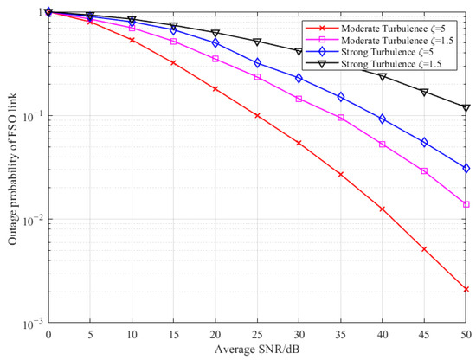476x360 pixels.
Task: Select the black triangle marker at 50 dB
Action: point(466,108)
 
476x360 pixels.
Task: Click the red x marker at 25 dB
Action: point(257,115)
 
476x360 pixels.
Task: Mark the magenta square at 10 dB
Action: point(132,29)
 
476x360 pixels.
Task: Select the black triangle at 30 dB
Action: point(299,52)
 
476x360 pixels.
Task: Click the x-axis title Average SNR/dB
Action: point(257,350)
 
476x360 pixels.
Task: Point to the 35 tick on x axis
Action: point(341,334)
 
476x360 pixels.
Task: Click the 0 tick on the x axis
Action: point(48,334)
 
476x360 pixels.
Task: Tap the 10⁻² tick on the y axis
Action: point(31,220)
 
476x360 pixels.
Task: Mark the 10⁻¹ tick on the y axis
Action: point(31,116)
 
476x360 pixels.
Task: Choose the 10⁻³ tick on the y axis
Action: point(31,324)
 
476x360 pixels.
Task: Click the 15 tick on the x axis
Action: point(173,334)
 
